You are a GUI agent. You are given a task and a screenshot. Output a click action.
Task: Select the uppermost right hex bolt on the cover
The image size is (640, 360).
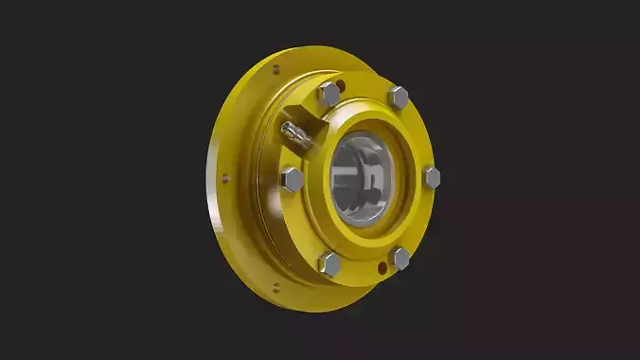point(399,96)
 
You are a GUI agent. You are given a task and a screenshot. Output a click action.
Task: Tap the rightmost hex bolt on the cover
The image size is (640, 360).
point(431,176)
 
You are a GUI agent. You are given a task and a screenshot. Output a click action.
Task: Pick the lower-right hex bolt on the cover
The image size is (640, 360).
point(400,258)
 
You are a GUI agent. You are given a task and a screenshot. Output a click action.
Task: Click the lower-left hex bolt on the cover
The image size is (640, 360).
point(330,262)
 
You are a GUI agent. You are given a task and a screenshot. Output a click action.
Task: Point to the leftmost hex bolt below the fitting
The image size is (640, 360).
point(292,178)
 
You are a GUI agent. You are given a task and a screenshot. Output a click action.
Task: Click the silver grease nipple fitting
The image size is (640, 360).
point(294,134)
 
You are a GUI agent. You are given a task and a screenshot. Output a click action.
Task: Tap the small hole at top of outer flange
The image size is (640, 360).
point(276,69)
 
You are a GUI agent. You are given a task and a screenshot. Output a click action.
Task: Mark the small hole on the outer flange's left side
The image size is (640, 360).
point(224,175)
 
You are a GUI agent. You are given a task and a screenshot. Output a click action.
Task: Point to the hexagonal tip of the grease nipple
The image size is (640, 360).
point(285,129)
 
